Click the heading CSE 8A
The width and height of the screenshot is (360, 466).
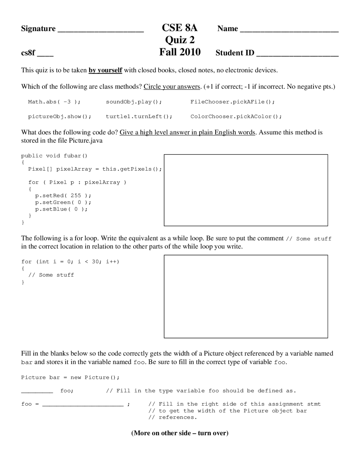(180, 28)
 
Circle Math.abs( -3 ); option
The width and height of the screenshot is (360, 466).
(54, 102)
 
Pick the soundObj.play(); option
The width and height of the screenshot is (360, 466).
(134, 102)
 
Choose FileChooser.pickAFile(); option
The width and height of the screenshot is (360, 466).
(233, 102)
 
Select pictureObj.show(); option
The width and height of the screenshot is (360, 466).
(60, 116)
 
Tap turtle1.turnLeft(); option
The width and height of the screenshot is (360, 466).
(139, 116)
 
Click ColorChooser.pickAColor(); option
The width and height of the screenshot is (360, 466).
(236, 116)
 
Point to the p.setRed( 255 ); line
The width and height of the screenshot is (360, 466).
(63, 196)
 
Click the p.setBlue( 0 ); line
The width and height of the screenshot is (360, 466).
(61, 209)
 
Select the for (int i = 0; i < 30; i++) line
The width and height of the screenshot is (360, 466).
(70, 262)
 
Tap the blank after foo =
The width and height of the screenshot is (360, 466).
(83, 404)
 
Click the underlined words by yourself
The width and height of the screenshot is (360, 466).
(105, 70)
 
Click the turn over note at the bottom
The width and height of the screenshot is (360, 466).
(180, 433)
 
